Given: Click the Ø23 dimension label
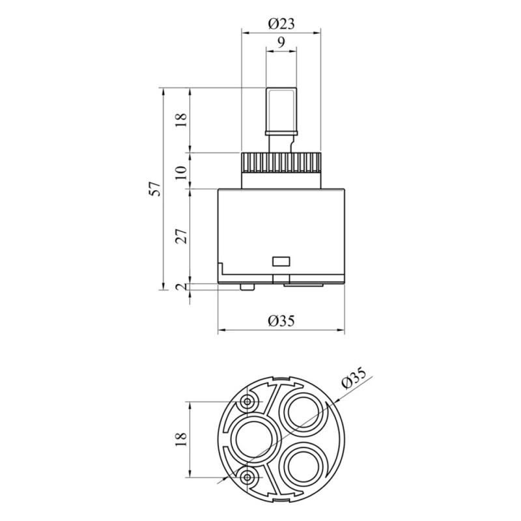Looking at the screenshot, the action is (x=281, y=24).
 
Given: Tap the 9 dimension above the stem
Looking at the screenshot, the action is (x=281, y=42).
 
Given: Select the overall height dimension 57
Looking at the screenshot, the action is (x=156, y=189).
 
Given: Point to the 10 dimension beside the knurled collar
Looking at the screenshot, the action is (x=182, y=173).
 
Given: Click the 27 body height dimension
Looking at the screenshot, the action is (x=182, y=236).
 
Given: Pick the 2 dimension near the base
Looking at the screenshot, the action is (x=182, y=287).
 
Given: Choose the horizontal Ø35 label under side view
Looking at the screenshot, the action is (x=281, y=321).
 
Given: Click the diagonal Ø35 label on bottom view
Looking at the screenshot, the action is (x=354, y=378).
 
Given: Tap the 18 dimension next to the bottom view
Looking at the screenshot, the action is (x=182, y=439).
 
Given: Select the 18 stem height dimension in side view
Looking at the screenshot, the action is (x=182, y=120).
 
